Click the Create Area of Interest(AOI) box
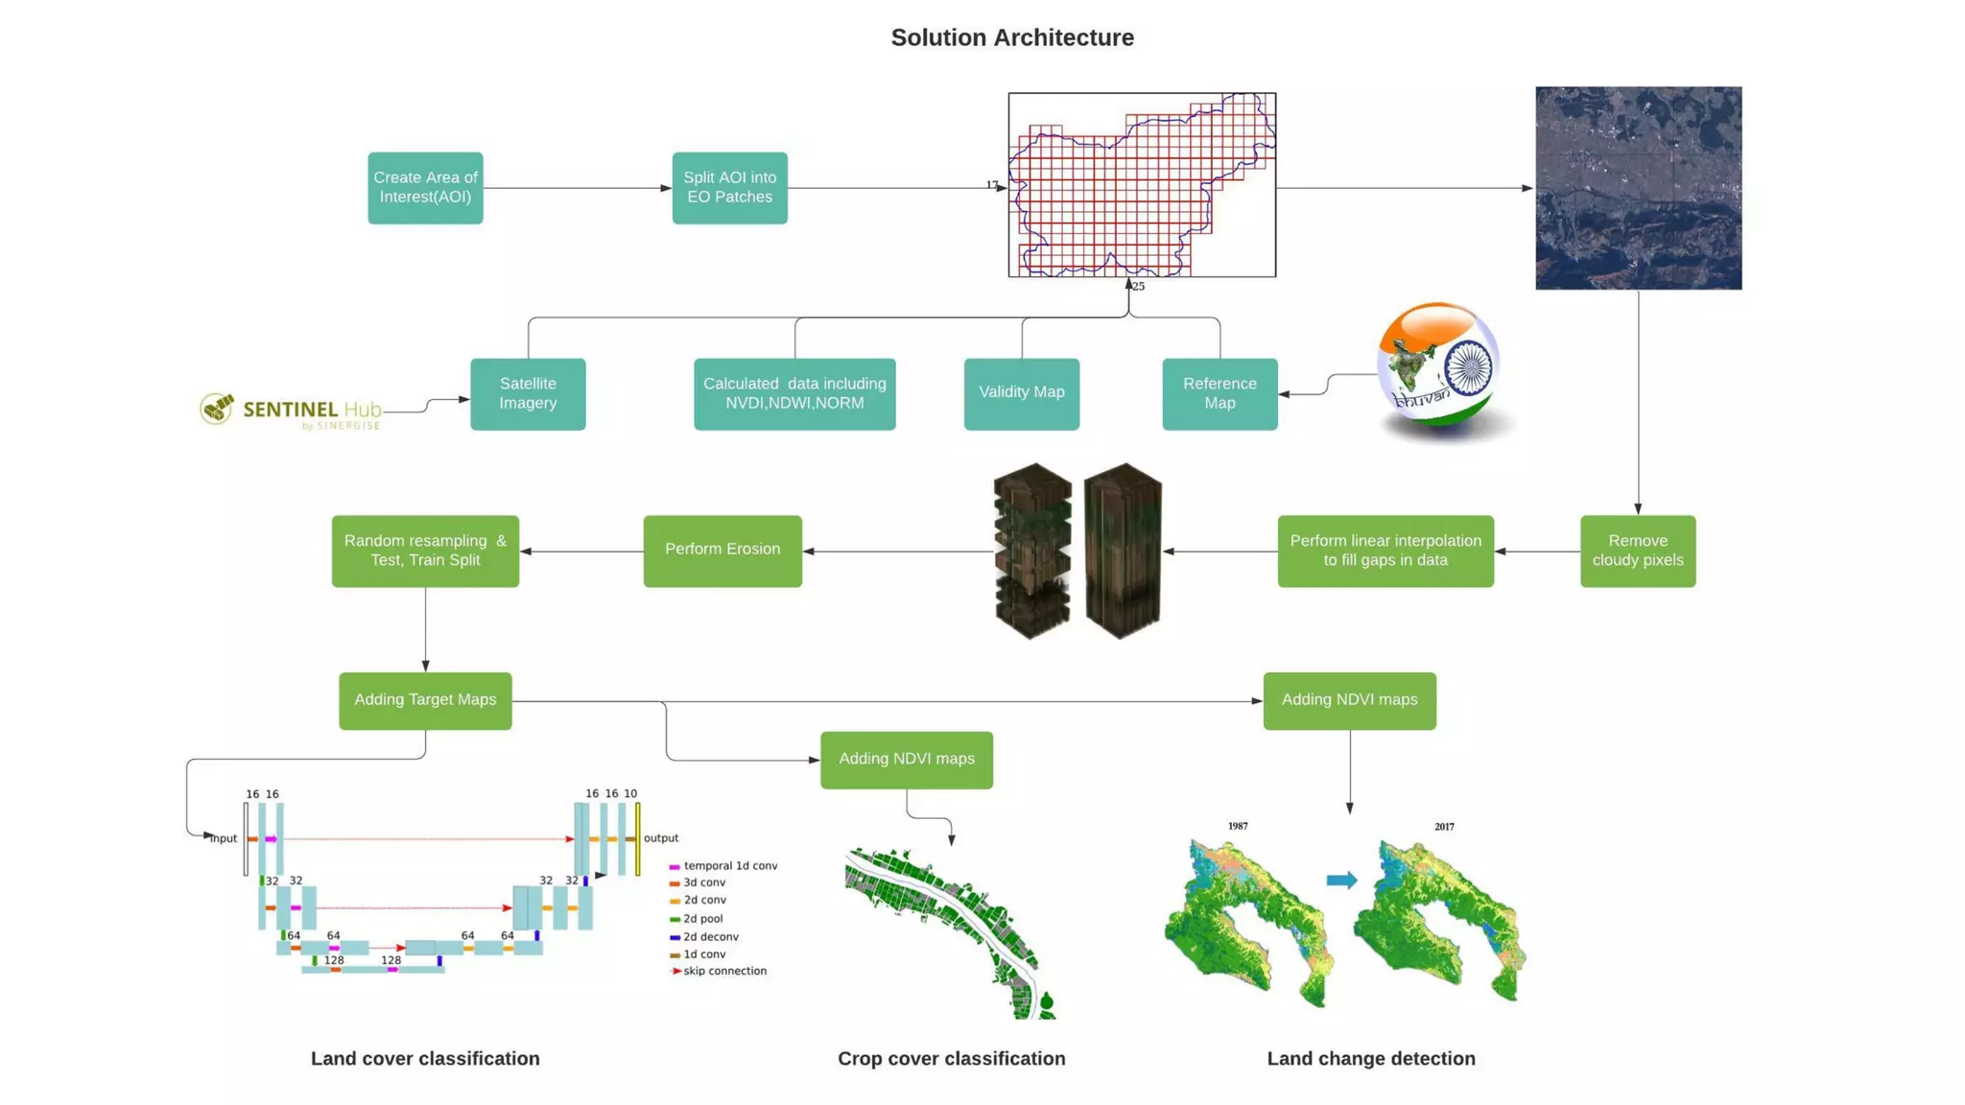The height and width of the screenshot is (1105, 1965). tap(425, 188)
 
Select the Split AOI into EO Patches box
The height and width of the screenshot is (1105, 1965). tap(729, 188)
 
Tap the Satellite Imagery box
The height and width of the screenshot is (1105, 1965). tap(528, 394)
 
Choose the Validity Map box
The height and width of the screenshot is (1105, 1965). tap(1021, 393)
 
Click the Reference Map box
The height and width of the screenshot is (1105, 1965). tap(1219, 394)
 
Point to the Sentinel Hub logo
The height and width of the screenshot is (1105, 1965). tap(290, 411)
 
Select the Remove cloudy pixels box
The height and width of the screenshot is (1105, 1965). tap(1637, 551)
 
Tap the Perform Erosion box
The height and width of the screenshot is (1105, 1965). tap(722, 551)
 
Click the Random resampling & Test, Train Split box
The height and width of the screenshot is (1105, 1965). tap(425, 551)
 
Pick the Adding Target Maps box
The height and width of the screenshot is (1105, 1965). tap(425, 700)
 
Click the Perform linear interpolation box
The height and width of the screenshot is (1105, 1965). tap(1385, 551)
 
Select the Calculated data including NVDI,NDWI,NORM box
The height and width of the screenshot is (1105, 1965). tap(794, 394)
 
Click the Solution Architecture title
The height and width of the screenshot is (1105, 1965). tap(1012, 37)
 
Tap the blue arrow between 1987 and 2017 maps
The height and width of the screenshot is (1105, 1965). tap(1341, 880)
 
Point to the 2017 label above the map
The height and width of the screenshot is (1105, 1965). tap(1444, 827)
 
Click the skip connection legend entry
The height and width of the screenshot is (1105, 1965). tap(723, 971)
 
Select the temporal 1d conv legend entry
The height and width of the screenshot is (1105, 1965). tap(729, 865)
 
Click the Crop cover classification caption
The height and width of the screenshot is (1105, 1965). tap(951, 1058)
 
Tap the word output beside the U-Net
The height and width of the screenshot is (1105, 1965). tap(661, 838)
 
